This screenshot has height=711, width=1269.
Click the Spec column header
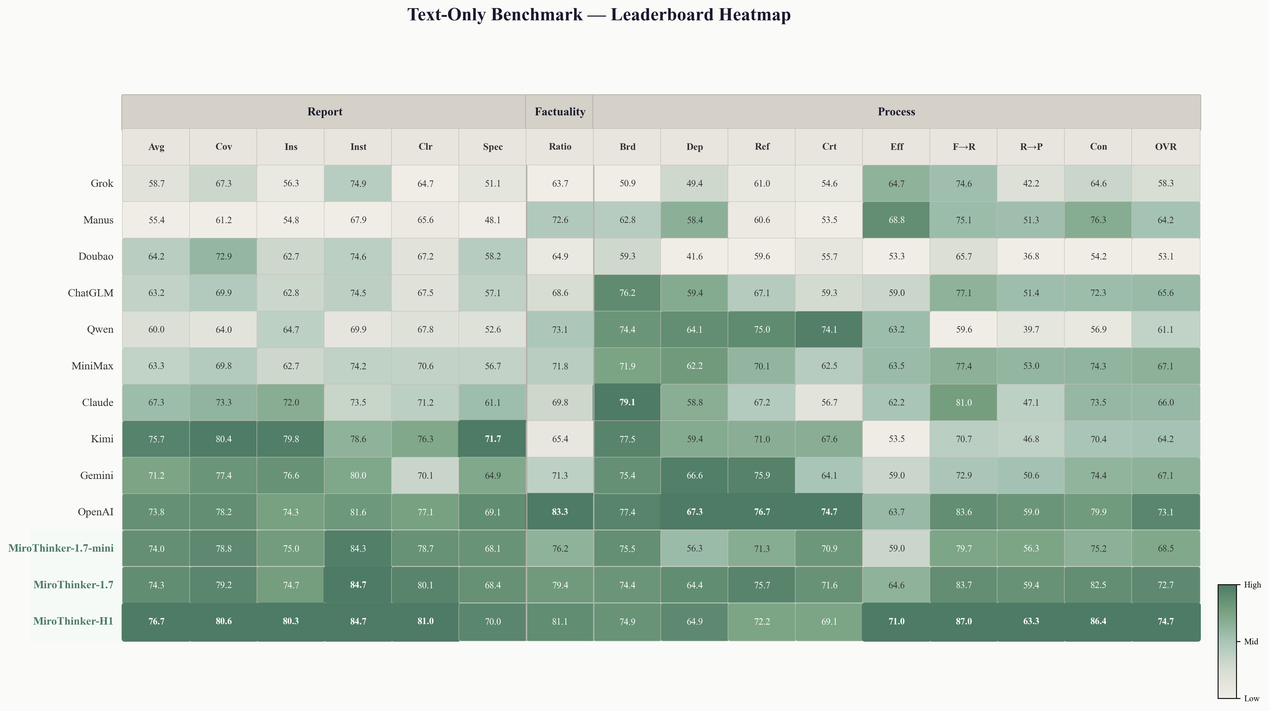pos(493,147)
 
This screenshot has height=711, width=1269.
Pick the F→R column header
pos(964,147)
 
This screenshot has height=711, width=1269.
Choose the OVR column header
pos(1166,147)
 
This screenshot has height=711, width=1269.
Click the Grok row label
pos(102,183)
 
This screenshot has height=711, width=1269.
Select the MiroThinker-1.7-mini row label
pos(61,548)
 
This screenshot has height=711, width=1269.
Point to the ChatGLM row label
pos(91,293)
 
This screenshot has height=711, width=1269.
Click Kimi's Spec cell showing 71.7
pos(493,439)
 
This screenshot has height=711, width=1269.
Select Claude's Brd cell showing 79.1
pos(627,402)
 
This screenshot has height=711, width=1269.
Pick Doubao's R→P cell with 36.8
pos(1031,256)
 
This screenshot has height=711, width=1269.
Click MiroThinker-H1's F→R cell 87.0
pos(964,621)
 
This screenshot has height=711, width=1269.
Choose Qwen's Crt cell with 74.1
pos(829,329)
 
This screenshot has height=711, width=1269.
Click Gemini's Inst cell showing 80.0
pos(358,475)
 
